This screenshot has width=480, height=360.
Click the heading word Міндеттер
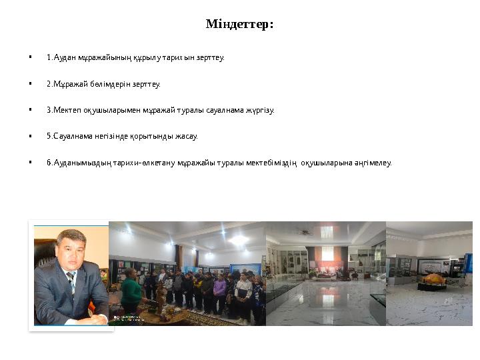(x=239, y=25)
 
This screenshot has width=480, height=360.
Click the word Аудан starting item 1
(x=63, y=58)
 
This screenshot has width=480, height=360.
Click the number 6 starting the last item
(x=49, y=163)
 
